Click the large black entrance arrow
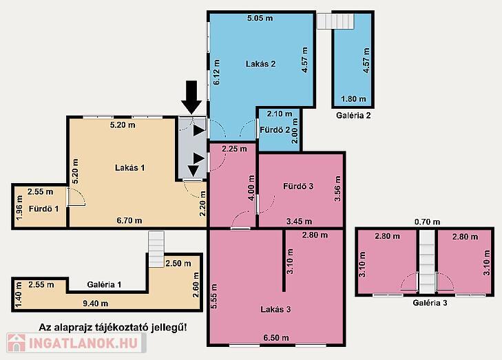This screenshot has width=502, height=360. click(x=191, y=97)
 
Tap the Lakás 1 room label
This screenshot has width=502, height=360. click(x=130, y=168)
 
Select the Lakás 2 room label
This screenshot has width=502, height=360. click(x=260, y=64)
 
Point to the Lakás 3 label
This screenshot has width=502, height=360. click(x=275, y=310)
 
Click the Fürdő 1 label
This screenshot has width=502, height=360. click(x=44, y=209)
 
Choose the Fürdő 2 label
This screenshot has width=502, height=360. click(x=275, y=130)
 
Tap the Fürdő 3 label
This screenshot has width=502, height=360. click(x=298, y=187)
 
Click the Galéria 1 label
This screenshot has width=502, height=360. click(x=105, y=284)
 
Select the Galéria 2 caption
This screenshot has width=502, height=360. click(x=353, y=116)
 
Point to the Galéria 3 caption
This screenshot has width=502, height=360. click(x=430, y=302)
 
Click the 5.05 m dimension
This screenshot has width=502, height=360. click(x=260, y=18)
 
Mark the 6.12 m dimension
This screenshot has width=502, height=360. click(x=217, y=72)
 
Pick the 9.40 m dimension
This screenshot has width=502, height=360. click(x=96, y=304)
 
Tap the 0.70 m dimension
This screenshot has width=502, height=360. click(x=427, y=222)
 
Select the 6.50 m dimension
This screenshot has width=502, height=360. click(x=276, y=337)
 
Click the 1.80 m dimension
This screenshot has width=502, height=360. click(x=353, y=99)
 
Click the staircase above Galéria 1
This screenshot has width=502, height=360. click(x=156, y=249)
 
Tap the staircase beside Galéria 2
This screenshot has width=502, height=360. click(x=335, y=21)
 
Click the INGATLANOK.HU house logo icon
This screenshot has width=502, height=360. click(x=17, y=343)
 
